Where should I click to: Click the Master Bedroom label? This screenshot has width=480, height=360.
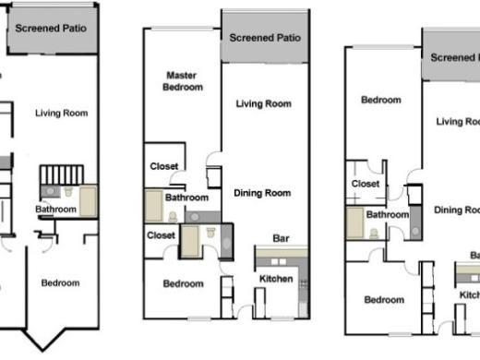coord(184,81)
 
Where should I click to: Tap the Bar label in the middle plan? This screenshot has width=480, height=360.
coord(282,239)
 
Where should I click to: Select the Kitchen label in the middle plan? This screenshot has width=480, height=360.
coord(276,279)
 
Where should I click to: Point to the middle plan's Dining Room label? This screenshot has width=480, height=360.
coord(261,193)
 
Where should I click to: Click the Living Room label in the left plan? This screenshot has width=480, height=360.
coord(61,114)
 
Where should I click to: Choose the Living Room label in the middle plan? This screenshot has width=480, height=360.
coord(263,104)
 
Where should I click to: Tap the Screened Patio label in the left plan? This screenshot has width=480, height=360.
coord(52,28)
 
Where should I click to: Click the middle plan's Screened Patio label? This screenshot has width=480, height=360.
coord(265,38)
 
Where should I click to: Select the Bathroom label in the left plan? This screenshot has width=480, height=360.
coord(55,210)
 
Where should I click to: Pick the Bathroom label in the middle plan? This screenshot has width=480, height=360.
coord(186,198)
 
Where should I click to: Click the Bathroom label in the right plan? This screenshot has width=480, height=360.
coord(387,215)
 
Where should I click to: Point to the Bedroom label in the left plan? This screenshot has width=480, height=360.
coord(61,283)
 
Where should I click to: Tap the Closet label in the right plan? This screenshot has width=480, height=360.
coord(366,184)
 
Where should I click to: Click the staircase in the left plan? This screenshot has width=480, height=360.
coord(62,174)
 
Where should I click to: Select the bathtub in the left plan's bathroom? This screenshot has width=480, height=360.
coord(88,200)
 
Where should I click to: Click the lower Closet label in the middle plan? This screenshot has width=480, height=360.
coord(161,235)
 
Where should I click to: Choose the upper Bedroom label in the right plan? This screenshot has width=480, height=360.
coord(381,100)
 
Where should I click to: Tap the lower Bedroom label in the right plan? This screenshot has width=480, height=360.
coord(383,299)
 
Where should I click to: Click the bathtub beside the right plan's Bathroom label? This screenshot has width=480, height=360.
coord(354,222)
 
